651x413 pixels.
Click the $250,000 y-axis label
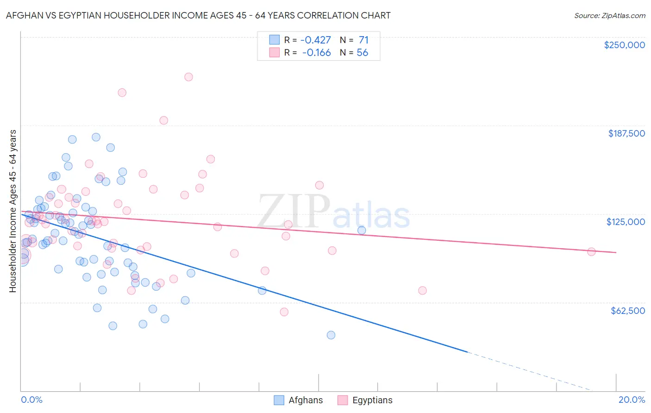(x=624, y=45)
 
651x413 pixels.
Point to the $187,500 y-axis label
(x=626, y=133)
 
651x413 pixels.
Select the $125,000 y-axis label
(x=626, y=222)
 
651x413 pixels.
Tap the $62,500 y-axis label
(x=627, y=311)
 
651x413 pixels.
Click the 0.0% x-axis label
(x=31, y=400)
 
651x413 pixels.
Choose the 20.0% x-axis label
(x=632, y=400)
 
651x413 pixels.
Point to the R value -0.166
(x=317, y=53)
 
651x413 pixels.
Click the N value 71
(x=363, y=40)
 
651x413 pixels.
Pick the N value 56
(x=362, y=53)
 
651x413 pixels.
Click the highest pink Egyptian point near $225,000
(x=188, y=77)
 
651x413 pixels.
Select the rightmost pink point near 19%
(x=591, y=252)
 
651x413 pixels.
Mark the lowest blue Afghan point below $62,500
(x=331, y=335)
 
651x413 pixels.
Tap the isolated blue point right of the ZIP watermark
(x=362, y=230)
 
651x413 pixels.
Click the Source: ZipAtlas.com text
(x=609, y=15)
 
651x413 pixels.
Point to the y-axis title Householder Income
(x=13, y=211)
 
